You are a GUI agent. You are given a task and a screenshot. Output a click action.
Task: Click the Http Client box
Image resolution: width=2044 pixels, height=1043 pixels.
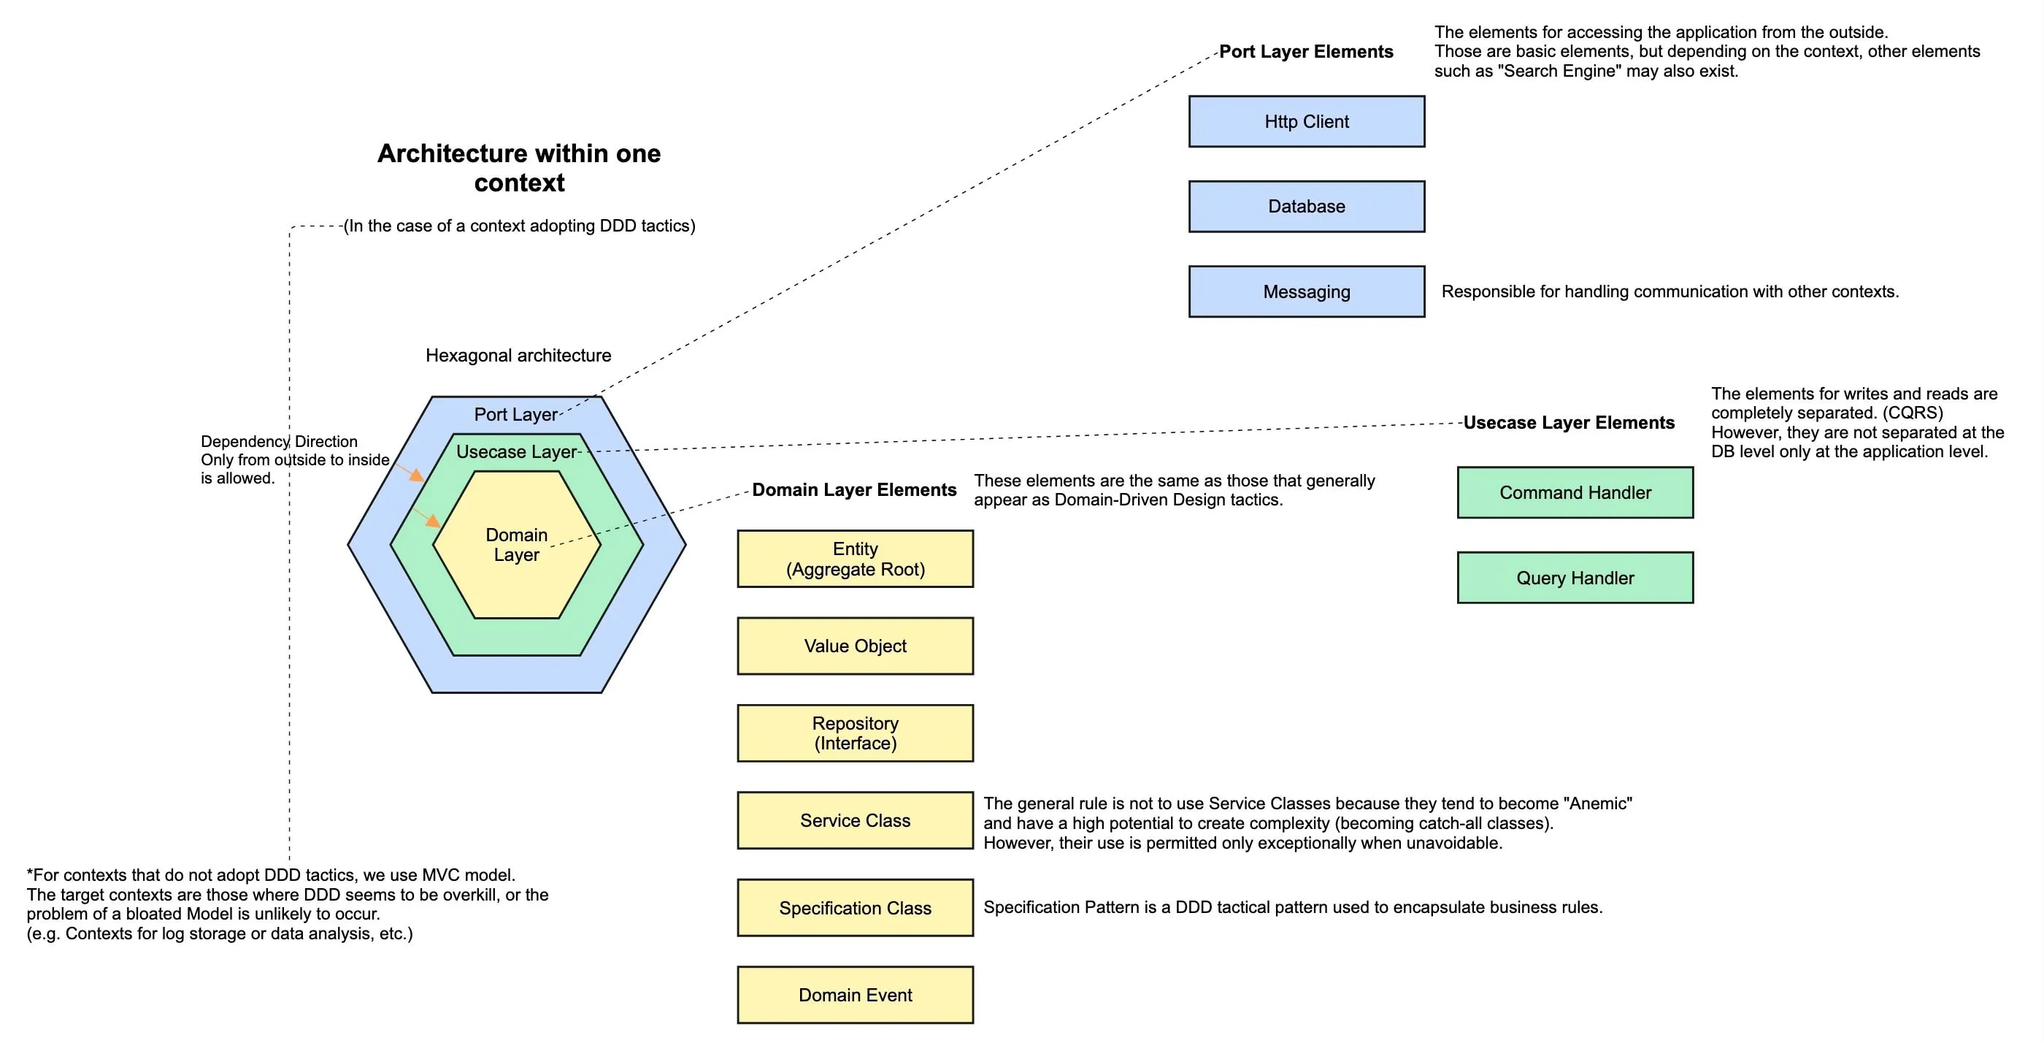(1306, 121)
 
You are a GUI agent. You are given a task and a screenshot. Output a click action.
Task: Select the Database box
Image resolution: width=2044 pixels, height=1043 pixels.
(1306, 207)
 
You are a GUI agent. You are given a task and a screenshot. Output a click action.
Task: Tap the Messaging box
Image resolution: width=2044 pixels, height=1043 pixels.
(1306, 291)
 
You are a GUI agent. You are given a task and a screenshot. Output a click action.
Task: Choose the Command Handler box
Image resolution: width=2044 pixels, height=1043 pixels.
(1575, 492)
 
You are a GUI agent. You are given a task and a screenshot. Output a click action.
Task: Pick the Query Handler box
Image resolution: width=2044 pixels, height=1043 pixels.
(1575, 577)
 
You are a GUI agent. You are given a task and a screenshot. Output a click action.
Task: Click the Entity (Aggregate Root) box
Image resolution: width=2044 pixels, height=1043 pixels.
(855, 559)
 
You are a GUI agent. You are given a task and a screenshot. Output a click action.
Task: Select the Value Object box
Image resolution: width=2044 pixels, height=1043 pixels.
(855, 646)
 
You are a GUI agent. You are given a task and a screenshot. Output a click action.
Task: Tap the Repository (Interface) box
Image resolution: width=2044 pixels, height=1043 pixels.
(855, 733)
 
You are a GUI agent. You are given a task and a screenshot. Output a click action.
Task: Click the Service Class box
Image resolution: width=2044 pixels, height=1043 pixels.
(855, 820)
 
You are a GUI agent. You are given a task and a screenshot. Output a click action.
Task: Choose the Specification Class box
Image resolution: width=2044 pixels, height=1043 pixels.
(855, 907)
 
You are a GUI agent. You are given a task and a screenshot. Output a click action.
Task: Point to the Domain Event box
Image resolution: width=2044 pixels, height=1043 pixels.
(855, 995)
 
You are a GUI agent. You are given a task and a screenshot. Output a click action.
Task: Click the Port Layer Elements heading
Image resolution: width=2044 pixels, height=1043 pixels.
(1305, 52)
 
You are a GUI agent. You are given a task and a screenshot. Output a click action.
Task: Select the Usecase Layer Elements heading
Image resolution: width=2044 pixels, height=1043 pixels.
(1568, 422)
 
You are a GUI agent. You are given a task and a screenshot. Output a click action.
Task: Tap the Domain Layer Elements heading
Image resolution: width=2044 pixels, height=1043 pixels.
(854, 490)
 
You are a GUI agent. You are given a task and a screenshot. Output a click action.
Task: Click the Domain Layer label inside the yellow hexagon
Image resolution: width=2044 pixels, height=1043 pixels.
(516, 545)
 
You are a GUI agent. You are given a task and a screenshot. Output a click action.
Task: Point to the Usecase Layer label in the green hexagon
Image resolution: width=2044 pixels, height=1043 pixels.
(516, 451)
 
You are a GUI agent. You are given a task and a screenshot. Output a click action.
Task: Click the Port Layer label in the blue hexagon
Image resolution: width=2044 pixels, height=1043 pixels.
(516, 414)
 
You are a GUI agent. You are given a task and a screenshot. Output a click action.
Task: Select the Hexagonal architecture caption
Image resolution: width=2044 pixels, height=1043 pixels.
(518, 356)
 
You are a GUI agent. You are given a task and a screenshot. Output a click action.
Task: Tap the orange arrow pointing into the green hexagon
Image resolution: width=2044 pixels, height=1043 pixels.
(411, 474)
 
